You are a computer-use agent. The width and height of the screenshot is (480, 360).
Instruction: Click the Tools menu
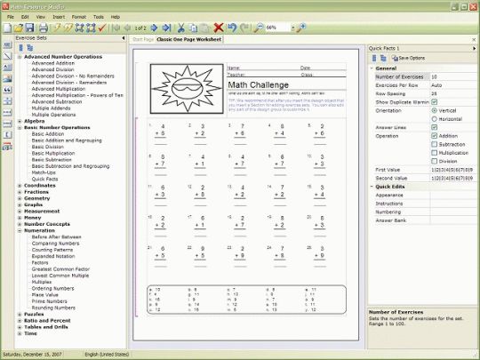point(97,17)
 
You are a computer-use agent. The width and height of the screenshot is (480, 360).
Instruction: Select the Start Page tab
point(142,40)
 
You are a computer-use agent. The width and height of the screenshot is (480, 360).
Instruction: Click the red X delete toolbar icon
point(219,28)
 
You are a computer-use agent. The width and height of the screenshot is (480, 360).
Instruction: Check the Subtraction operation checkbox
point(434,144)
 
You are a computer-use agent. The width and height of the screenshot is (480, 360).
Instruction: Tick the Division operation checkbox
point(434,161)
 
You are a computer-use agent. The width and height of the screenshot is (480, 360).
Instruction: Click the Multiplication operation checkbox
point(434,153)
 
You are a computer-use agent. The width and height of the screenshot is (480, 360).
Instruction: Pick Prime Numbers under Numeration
point(51,300)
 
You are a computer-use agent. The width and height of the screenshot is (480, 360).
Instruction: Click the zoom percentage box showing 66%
point(278,28)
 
